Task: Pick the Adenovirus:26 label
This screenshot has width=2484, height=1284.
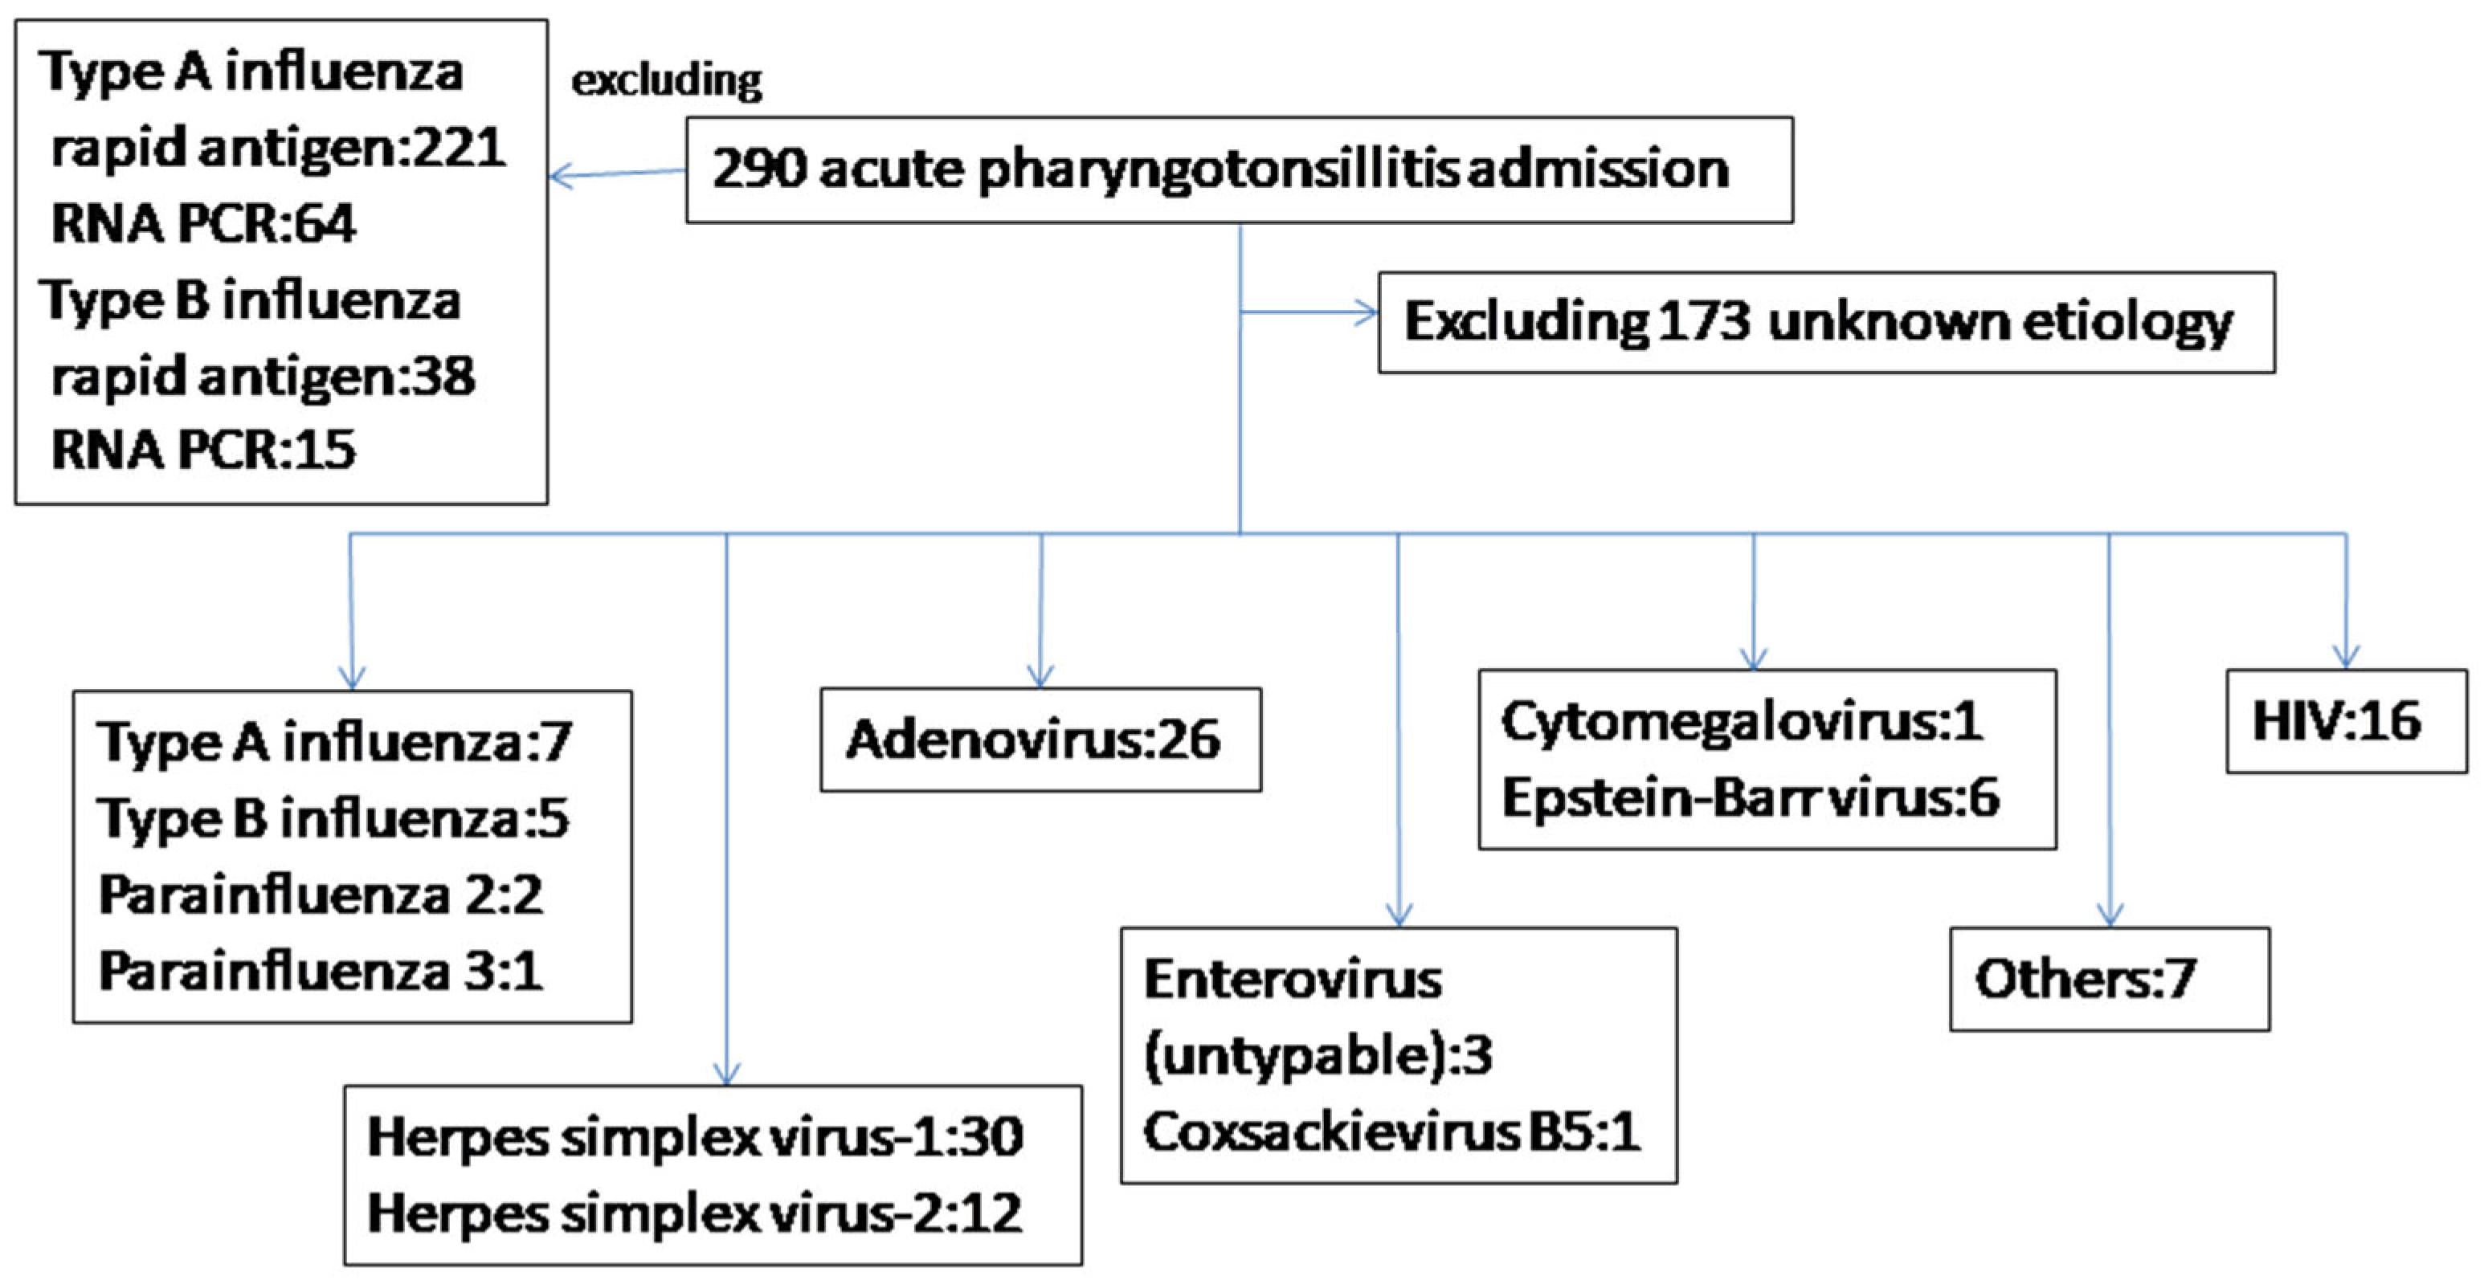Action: [x=1033, y=740]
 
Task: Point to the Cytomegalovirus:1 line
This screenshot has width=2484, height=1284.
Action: [x=1742, y=721]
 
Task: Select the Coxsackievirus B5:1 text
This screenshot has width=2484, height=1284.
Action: [x=1391, y=1131]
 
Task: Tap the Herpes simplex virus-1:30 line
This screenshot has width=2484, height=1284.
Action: [x=694, y=1138]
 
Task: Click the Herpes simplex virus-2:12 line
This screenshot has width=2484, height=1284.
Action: [x=694, y=1213]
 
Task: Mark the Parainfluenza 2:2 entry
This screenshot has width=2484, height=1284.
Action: [x=321, y=895]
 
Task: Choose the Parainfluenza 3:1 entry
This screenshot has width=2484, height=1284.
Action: [x=321, y=971]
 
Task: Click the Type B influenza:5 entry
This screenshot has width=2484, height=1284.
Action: [x=333, y=818]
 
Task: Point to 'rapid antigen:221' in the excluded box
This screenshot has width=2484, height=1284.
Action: [x=278, y=149]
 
